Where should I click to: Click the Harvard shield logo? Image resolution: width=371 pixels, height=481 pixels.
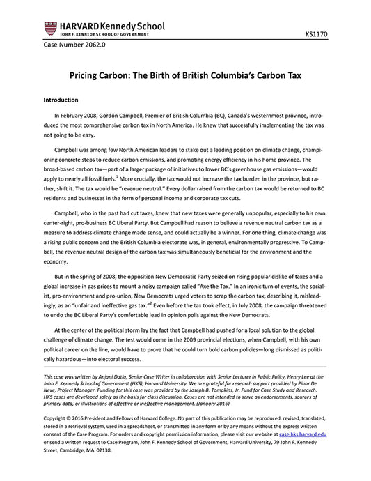[x=49, y=29]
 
